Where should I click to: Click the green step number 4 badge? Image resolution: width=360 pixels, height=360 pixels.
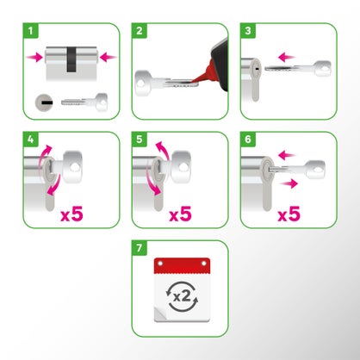pyautogui.click(x=31, y=139)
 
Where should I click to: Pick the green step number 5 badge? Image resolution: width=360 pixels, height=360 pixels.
pyautogui.click(x=140, y=139)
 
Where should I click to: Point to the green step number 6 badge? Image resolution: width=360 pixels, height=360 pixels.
pyautogui.click(x=248, y=139)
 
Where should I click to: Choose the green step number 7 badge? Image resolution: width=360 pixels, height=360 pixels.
pyautogui.click(x=140, y=248)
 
